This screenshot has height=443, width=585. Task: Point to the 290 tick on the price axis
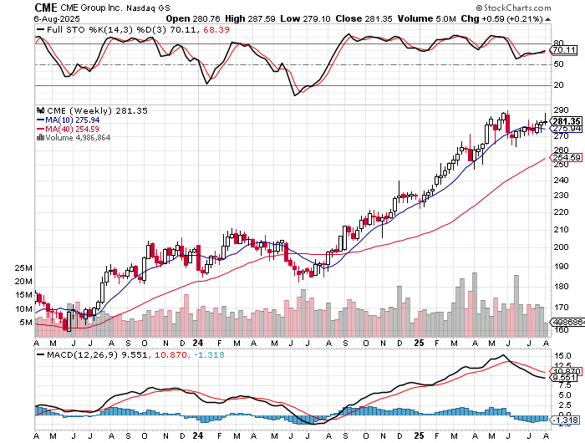pyautogui.click(x=560, y=109)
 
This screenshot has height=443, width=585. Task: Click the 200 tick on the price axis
pyautogui.click(x=560, y=247)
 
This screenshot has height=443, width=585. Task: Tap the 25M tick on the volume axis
pyautogui.click(x=23, y=268)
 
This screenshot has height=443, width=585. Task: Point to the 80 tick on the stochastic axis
pyautogui.click(x=557, y=43)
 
